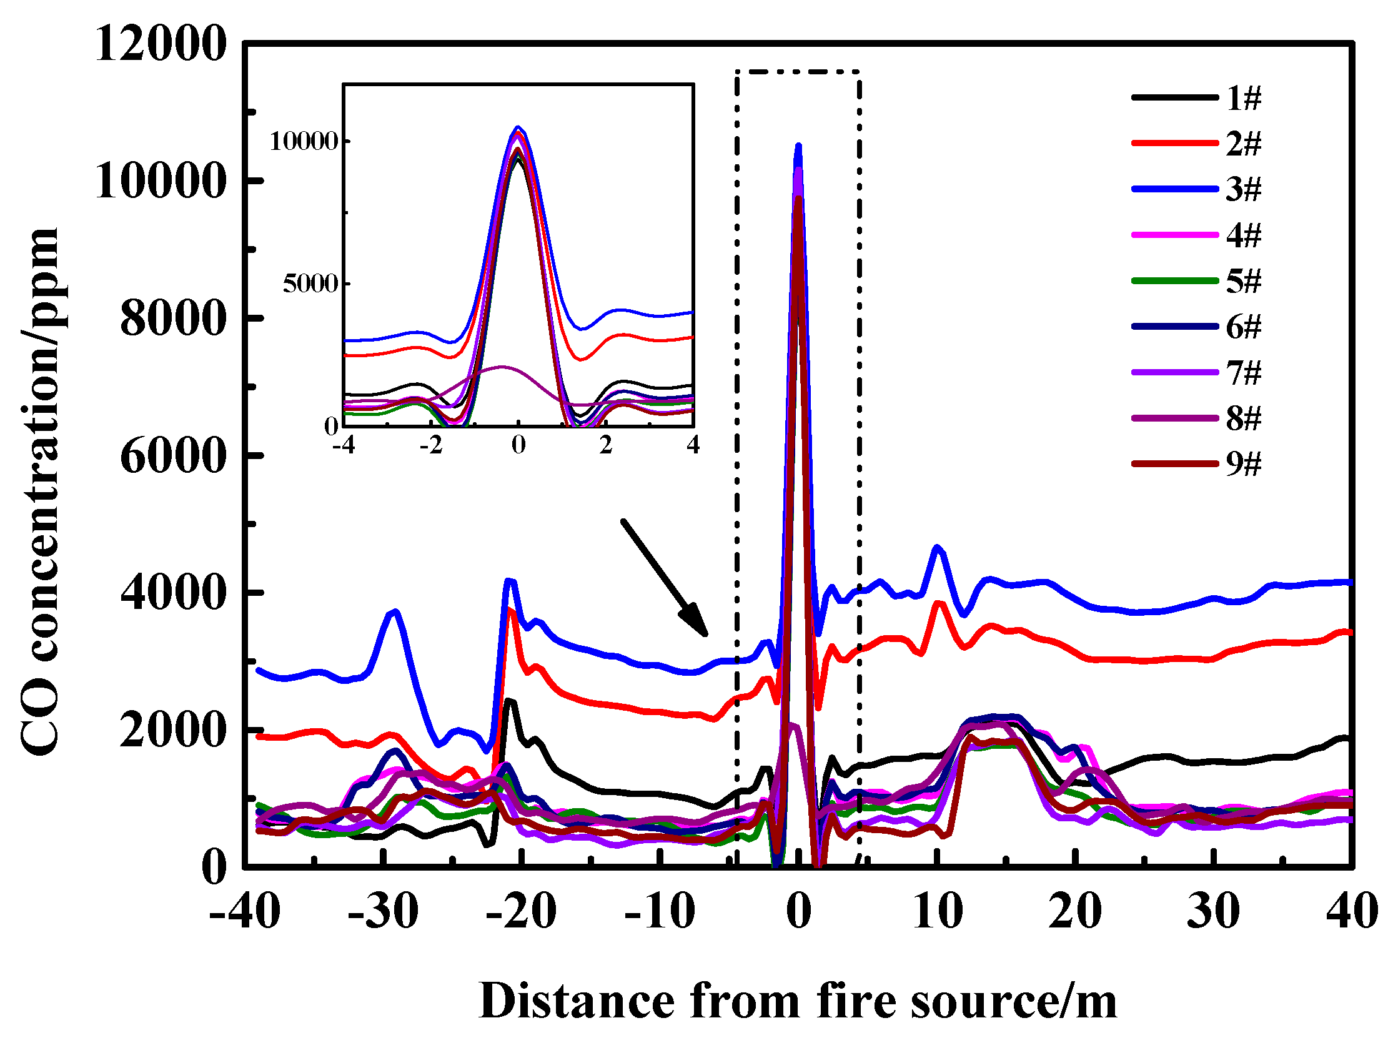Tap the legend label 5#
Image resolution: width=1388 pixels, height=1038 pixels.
(x=1242, y=281)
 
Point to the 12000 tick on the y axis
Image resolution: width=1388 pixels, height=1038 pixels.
(x=161, y=45)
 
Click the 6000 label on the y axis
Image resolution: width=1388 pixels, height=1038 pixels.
(x=172, y=456)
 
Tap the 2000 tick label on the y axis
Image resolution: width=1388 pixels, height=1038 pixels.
(x=172, y=731)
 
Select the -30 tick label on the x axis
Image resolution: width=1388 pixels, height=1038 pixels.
(x=383, y=911)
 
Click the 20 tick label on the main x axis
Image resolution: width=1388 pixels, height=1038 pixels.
(x=1075, y=911)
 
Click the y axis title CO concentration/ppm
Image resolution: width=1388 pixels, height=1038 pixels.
(x=41, y=492)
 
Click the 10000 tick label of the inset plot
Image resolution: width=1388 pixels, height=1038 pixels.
(x=304, y=142)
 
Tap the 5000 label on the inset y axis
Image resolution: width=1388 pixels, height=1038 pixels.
(x=310, y=284)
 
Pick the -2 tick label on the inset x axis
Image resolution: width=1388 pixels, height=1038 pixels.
(x=431, y=445)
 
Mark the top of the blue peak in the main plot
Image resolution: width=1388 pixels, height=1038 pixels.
(x=798, y=147)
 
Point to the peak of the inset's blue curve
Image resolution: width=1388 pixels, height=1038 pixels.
(x=518, y=127)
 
